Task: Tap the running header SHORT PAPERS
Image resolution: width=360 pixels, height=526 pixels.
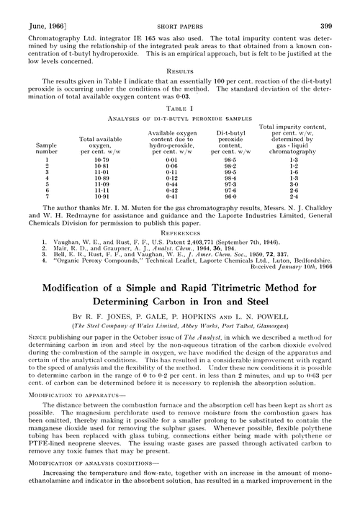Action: click(179, 8)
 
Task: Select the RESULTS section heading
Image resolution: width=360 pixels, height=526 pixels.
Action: click(179, 72)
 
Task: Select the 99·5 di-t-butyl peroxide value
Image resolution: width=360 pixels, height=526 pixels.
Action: click(226, 172)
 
